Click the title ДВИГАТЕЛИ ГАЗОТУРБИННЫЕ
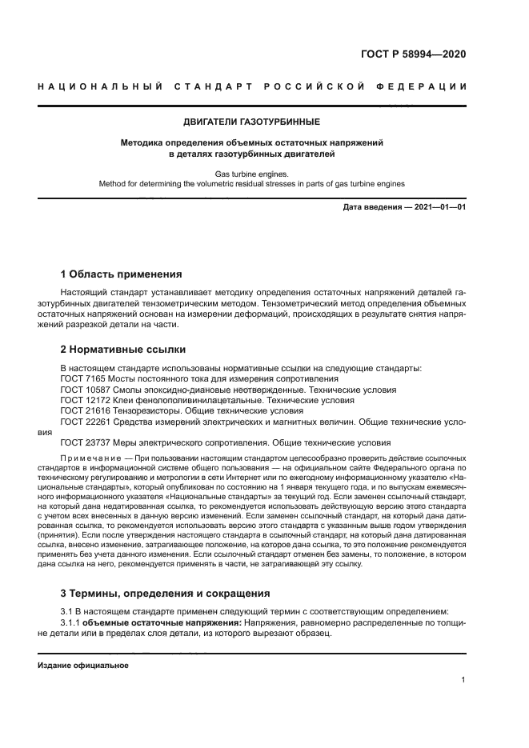tap(252, 122)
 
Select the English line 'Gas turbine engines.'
tap(252, 173)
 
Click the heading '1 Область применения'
tap(122, 274)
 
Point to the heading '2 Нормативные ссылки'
tap(123, 350)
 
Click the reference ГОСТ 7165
tap(84, 378)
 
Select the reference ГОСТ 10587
tap(86, 390)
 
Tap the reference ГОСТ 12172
tap(86, 400)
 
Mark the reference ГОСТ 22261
tap(86, 421)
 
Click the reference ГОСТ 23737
tap(86, 442)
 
